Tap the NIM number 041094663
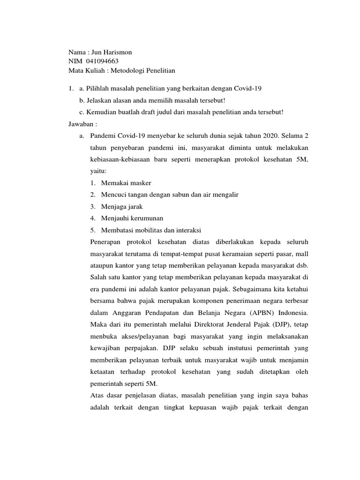tap(99, 61)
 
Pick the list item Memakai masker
tap(126, 183)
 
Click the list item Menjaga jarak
tap(122, 206)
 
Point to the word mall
tap(301, 253)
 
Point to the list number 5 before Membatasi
tap(93, 230)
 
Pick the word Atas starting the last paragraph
tap(97, 395)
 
